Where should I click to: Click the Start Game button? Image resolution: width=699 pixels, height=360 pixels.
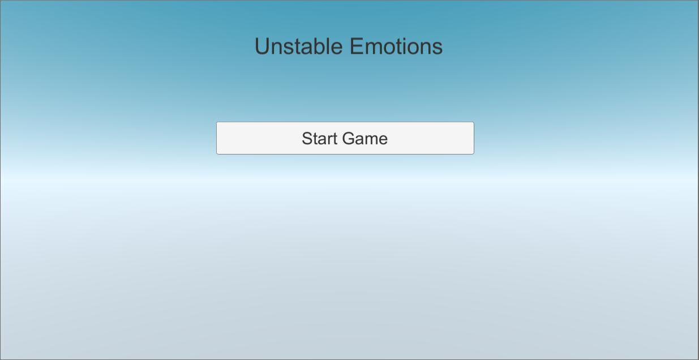tap(345, 138)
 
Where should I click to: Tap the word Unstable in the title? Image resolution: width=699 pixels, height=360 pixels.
tap(299, 46)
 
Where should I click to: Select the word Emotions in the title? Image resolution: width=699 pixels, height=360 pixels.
tap(396, 46)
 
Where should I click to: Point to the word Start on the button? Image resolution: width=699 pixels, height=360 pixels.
tap(320, 139)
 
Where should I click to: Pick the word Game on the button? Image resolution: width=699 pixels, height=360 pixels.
tap(365, 139)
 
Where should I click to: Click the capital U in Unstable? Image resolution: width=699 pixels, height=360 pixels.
tap(262, 46)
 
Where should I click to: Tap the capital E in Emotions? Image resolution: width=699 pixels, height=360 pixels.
tap(357, 46)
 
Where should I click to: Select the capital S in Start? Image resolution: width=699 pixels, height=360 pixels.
tap(307, 139)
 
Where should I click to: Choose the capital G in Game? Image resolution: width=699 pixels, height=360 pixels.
tap(348, 139)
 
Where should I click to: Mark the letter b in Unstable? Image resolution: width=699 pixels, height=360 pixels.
tap(319, 46)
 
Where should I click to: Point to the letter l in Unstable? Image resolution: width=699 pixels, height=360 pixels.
tap(328, 46)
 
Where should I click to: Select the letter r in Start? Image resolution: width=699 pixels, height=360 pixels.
tap(331, 140)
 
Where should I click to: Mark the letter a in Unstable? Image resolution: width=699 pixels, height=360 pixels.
tap(306, 49)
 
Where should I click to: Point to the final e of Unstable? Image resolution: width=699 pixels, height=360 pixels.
tap(337, 49)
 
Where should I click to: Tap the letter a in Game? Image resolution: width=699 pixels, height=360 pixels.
tap(359, 140)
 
